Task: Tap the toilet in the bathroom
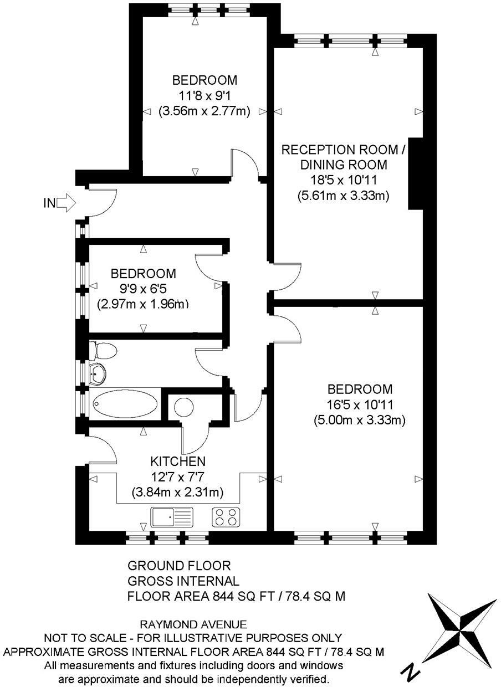point(104,350)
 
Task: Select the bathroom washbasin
point(98,374)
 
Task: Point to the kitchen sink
point(172,517)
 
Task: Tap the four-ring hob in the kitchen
point(226,517)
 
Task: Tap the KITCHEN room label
point(178,461)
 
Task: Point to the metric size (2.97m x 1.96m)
point(143,304)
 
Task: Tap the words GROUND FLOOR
point(178,566)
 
